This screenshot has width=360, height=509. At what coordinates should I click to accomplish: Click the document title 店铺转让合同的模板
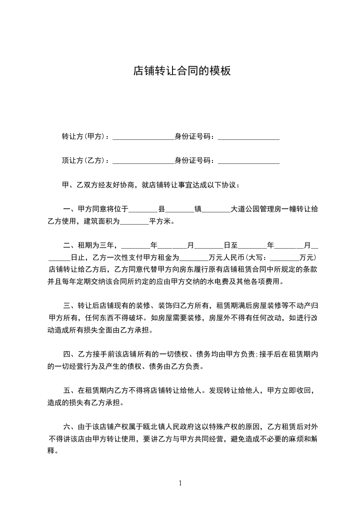[x=182, y=71]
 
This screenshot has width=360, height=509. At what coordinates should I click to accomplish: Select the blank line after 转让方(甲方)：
[x=143, y=137]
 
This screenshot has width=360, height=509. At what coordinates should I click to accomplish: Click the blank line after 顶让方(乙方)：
[x=143, y=162]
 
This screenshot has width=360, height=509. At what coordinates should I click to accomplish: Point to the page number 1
[x=180, y=483]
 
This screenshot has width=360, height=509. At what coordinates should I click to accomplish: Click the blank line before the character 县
[x=143, y=210]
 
